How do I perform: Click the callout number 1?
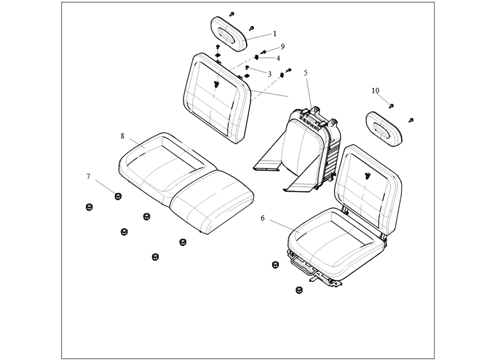coord(274,33)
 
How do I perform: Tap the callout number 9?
coord(283,47)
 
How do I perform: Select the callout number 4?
coord(278,58)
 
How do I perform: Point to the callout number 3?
coord(270,75)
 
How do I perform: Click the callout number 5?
coord(306,72)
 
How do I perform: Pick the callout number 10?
coord(375,90)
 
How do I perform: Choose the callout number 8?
coord(122,136)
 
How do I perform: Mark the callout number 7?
coord(88,176)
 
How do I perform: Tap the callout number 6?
coord(263,218)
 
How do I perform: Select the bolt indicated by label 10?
coord(391,106)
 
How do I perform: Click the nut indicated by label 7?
coord(118,196)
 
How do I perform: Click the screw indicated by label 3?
coord(247,67)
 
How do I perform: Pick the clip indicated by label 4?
coord(257,57)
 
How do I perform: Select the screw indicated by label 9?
coord(263,52)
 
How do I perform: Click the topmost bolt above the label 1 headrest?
coord(232,14)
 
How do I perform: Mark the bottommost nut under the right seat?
coord(299,290)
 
